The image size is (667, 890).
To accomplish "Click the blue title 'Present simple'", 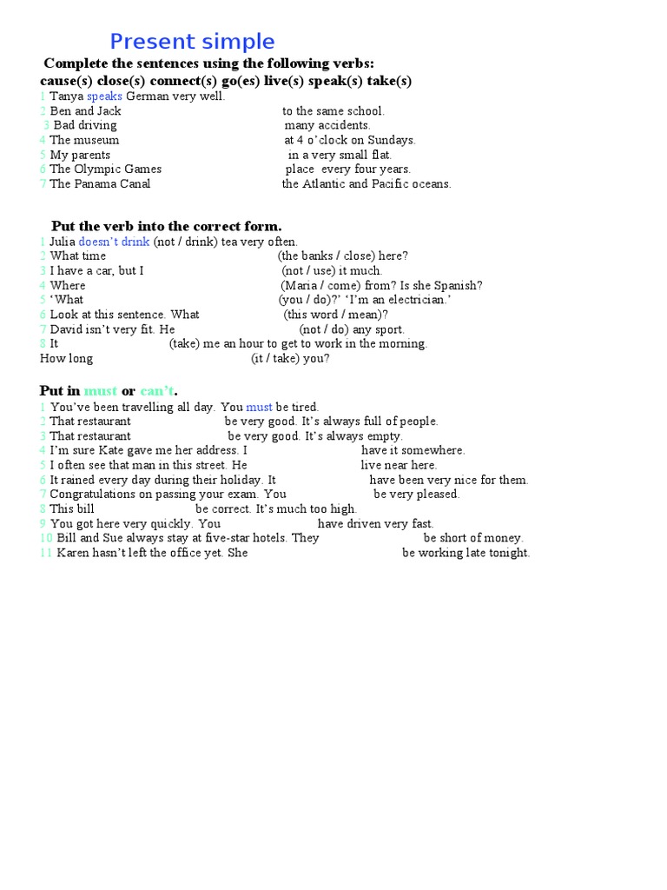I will click(x=192, y=42).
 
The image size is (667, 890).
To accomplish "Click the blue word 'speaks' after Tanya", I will click(x=104, y=96).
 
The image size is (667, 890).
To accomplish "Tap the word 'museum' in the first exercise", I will click(x=96, y=140).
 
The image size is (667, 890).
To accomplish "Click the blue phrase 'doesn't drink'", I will click(x=114, y=242).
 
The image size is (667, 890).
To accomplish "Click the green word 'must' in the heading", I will click(x=100, y=390).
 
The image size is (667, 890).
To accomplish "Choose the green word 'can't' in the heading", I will click(x=156, y=390).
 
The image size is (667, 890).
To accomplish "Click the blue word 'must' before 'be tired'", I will click(x=259, y=407).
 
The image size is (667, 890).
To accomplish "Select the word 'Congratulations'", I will click(x=96, y=495).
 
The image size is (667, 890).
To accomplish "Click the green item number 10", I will click(x=45, y=538).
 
